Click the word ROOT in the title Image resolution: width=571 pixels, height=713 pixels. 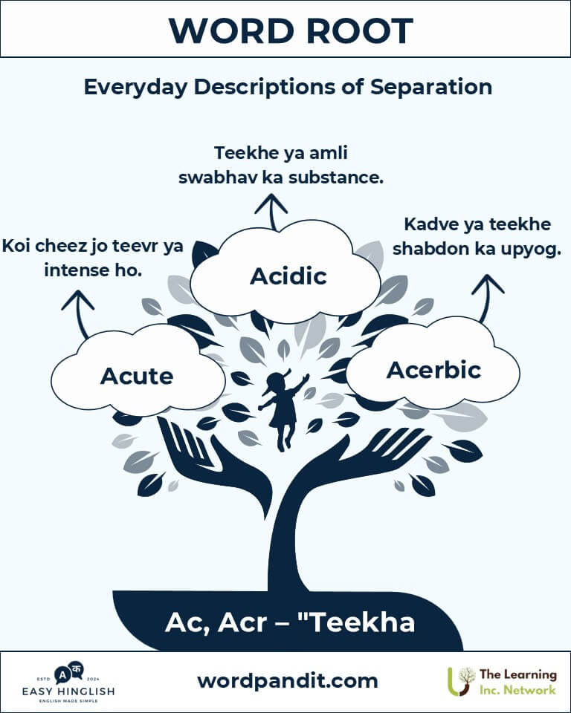(359, 31)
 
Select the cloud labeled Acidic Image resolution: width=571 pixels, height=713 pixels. (285, 273)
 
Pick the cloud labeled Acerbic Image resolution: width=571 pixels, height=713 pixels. (433, 365)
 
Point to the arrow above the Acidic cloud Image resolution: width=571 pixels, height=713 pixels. (272, 212)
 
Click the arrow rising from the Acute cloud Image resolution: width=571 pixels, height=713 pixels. (79, 313)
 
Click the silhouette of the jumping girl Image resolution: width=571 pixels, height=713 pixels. (283, 410)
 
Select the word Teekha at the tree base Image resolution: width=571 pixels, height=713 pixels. (358, 622)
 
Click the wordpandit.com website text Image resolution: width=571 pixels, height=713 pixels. (288, 681)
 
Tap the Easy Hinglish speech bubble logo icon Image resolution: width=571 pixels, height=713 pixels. (69, 673)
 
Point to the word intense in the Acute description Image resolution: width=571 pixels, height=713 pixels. (76, 270)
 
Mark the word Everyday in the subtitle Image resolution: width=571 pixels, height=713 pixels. (135, 88)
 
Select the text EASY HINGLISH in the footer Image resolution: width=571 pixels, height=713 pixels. (68, 691)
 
